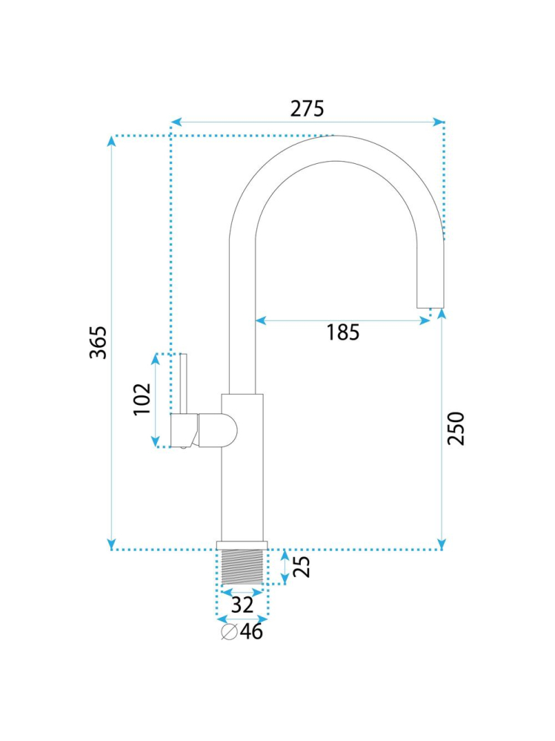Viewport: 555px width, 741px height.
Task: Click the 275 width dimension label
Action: (307, 109)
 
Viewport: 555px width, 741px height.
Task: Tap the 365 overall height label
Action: (99, 343)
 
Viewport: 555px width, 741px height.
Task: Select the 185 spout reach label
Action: (343, 332)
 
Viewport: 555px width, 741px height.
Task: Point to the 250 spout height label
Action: (456, 428)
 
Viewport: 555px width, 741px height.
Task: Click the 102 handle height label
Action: (142, 399)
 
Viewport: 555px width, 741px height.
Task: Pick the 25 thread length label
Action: (302, 567)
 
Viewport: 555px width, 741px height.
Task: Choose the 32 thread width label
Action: (242, 605)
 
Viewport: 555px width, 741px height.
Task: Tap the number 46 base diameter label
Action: (251, 631)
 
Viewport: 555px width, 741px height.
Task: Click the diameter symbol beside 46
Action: (230, 632)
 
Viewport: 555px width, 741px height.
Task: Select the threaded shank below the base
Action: (242, 567)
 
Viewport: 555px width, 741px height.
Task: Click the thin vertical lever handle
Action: (184, 383)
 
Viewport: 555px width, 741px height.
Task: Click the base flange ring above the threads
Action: (242, 545)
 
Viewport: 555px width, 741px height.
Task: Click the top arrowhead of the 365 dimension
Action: (111, 141)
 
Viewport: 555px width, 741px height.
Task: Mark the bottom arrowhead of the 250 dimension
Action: (442, 544)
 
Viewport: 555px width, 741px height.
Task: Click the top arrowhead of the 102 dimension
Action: (156, 359)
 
